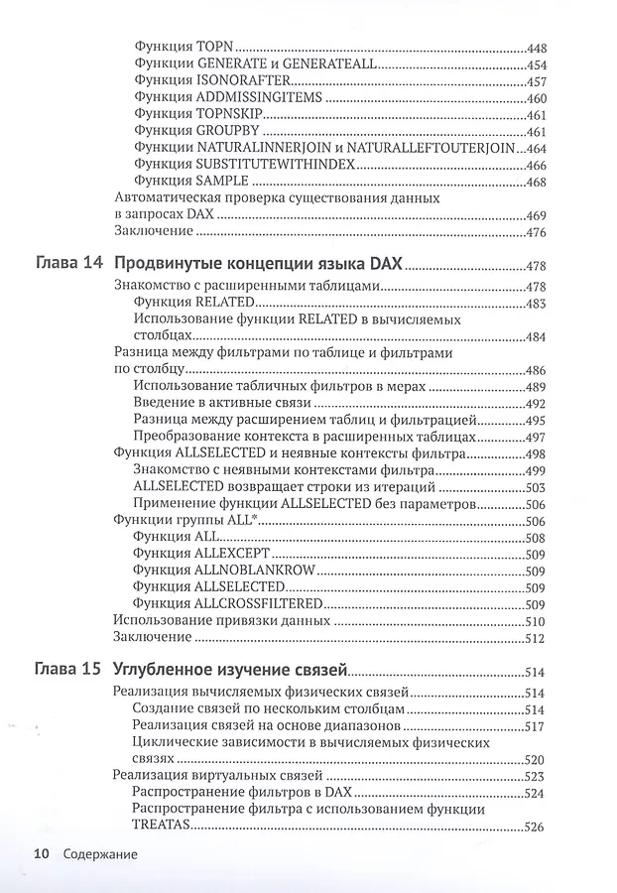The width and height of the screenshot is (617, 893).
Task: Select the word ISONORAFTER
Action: (x=232, y=81)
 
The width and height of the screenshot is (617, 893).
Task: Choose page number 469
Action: (x=536, y=215)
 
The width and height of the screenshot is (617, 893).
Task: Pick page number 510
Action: (x=536, y=620)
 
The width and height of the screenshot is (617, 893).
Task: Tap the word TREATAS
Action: (x=160, y=828)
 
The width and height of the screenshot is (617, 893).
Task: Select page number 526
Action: (x=536, y=828)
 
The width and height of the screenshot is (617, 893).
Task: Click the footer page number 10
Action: (x=42, y=853)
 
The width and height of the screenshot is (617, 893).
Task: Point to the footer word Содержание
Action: (x=98, y=853)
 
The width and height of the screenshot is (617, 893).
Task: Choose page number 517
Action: (x=536, y=726)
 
